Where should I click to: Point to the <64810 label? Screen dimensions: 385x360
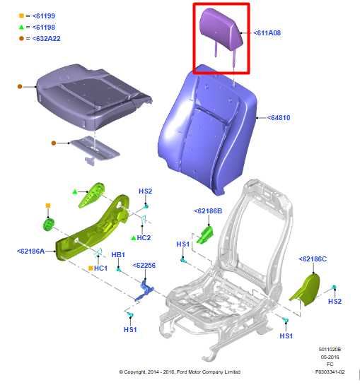pyautogui.click(x=279, y=117)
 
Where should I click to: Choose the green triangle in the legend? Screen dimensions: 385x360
pyautogui.click(x=21, y=26)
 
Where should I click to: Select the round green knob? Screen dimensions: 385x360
pyautogui.click(x=49, y=225)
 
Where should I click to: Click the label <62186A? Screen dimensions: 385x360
pyautogui.click(x=30, y=251)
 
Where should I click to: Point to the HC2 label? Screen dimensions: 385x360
pyautogui.click(x=144, y=238)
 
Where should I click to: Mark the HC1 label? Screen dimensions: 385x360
pyautogui.click(x=100, y=268)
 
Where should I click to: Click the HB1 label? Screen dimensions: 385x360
pyautogui.click(x=118, y=254)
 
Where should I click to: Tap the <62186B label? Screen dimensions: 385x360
pyautogui.click(x=208, y=211)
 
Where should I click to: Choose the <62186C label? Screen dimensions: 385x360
pyautogui.click(x=313, y=259)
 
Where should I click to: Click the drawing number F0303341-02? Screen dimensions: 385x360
pyautogui.click(x=330, y=372)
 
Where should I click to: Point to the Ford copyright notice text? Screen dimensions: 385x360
pyautogui.click(x=180, y=372)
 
